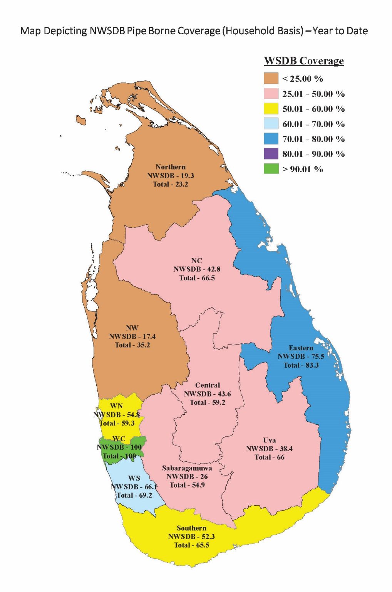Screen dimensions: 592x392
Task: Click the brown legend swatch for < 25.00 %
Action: pyautogui.click(x=271, y=78)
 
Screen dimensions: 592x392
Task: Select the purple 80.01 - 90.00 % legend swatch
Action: pyautogui.click(x=271, y=154)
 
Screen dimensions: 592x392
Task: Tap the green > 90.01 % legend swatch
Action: pyautogui.click(x=271, y=169)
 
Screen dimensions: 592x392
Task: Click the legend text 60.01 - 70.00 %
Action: pyautogui.click(x=313, y=124)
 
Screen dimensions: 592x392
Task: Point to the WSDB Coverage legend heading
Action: pyautogui.click(x=303, y=61)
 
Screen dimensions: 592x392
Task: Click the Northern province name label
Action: pyautogui.click(x=171, y=167)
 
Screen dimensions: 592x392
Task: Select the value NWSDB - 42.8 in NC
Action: pyautogui.click(x=197, y=269)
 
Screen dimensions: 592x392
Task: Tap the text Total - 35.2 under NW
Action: pyautogui.click(x=132, y=345)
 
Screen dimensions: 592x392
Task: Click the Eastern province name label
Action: pyautogui.click(x=301, y=348)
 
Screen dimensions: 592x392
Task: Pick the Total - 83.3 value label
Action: pyautogui.click(x=301, y=365)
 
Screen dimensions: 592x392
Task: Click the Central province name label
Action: pyautogui.click(x=208, y=385)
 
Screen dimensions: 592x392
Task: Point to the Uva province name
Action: pyautogui.click(x=269, y=440)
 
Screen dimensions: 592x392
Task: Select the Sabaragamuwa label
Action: pyautogui.click(x=187, y=468)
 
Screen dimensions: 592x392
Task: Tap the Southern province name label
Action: pyautogui.click(x=191, y=528)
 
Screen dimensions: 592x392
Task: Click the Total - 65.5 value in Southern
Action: pyautogui.click(x=191, y=545)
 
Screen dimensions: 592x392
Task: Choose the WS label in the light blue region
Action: pyautogui.click(x=134, y=478)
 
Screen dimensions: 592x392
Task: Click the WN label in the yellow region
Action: pyautogui.click(x=116, y=406)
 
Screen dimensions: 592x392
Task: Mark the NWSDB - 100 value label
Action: pyautogui.click(x=119, y=447)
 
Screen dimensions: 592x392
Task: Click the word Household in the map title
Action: pyautogui.click(x=249, y=31)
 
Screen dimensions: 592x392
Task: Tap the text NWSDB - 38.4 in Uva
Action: pyautogui.click(x=269, y=449)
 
